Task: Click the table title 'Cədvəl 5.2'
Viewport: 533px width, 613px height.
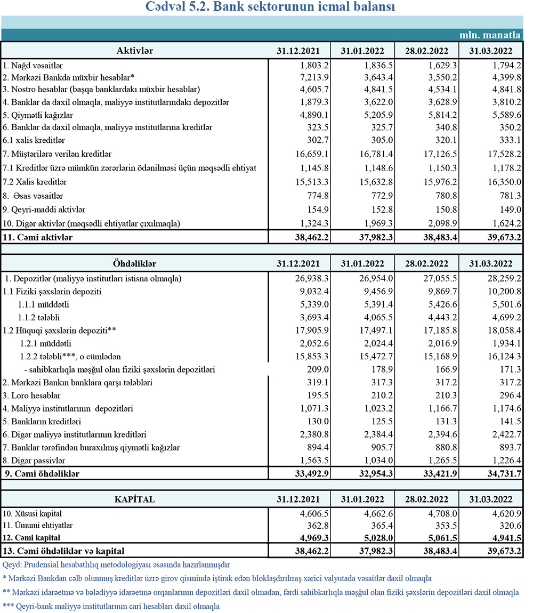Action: click(270, 8)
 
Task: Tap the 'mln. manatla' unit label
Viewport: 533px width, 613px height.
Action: click(490, 36)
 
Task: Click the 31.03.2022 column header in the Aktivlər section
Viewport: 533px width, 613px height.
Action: click(491, 51)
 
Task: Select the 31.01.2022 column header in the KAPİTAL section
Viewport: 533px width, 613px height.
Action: click(362, 499)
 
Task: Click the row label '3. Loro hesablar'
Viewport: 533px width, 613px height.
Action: click(31, 396)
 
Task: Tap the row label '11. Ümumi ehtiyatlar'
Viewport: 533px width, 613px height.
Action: click(38, 526)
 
